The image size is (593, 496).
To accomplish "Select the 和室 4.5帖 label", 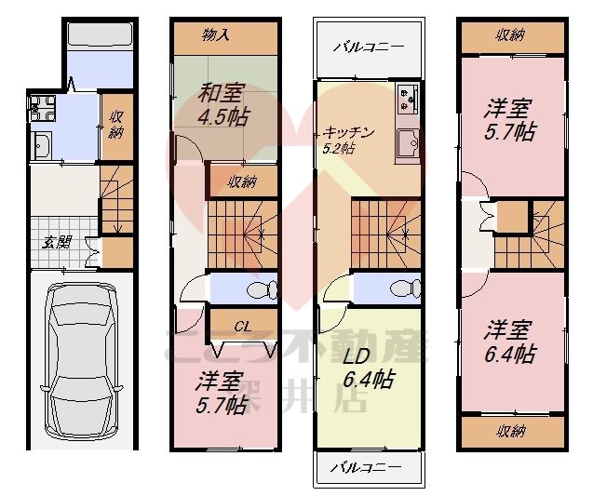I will pyautogui.click(x=222, y=106).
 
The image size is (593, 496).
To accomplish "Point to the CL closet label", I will pyautogui.click(x=243, y=326).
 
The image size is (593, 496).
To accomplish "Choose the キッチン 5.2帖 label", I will pyautogui.click(x=349, y=139).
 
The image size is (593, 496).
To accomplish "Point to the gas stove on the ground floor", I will pyautogui.click(x=42, y=111).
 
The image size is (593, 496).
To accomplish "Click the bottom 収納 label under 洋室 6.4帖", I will pyautogui.click(x=510, y=430).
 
